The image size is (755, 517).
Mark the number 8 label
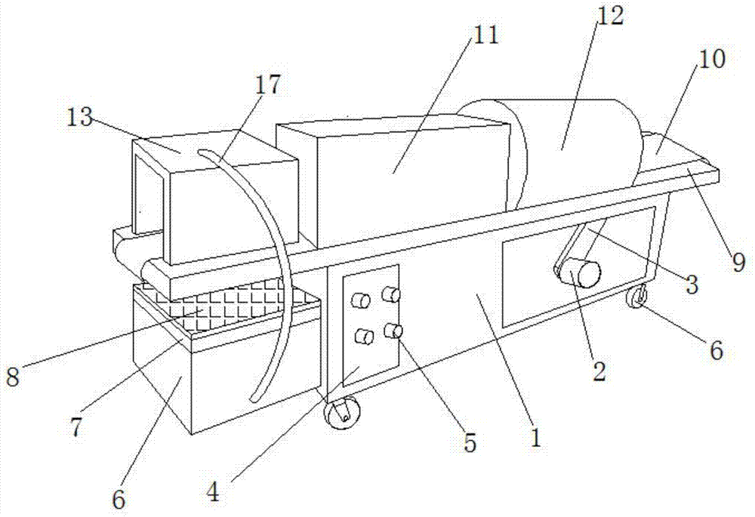tap(13, 377)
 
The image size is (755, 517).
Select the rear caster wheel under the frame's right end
tap(636, 299)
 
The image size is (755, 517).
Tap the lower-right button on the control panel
tap(392, 330)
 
